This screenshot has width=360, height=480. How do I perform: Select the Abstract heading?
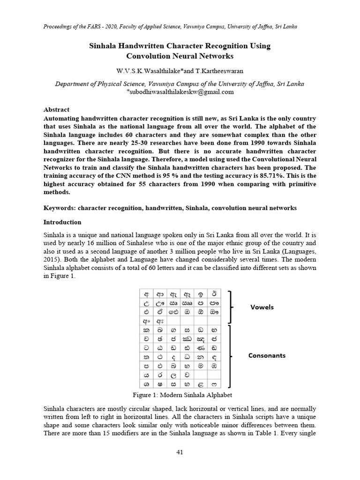click(56, 110)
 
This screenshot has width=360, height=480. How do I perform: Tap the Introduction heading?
click(62, 222)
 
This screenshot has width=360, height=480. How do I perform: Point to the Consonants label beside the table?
click(267, 356)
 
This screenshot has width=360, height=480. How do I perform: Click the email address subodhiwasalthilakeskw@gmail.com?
click(180, 92)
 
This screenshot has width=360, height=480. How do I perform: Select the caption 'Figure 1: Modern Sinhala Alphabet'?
click(180, 395)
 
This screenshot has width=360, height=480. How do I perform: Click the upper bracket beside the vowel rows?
click(231, 307)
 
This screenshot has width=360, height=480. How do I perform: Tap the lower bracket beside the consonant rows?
click(231, 357)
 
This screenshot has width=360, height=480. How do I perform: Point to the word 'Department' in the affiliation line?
click(73, 84)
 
